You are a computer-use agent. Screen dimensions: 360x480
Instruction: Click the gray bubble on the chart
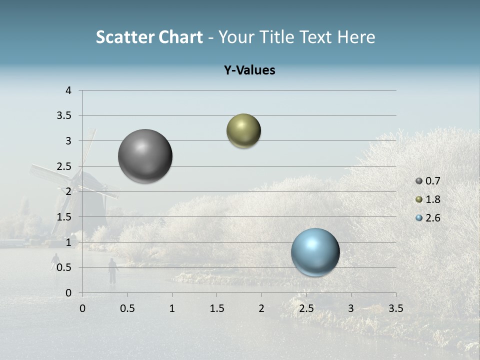[145, 156]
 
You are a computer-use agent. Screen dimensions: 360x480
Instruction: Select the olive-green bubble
[243, 131]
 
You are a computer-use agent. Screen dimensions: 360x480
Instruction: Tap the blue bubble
[315, 252]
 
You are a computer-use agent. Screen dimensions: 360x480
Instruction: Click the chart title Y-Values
[249, 70]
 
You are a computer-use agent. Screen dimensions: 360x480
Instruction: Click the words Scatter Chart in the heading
[149, 37]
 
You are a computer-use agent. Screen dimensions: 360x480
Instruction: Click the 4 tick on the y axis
[68, 90]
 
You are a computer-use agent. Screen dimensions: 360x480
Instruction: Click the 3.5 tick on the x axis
[395, 308]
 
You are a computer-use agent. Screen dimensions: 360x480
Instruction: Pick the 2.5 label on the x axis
[306, 308]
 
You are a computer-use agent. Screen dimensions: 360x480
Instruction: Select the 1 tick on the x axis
[172, 308]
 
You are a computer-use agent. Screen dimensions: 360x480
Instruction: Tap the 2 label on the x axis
[261, 308]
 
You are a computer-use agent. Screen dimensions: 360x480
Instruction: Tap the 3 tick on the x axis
[351, 308]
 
